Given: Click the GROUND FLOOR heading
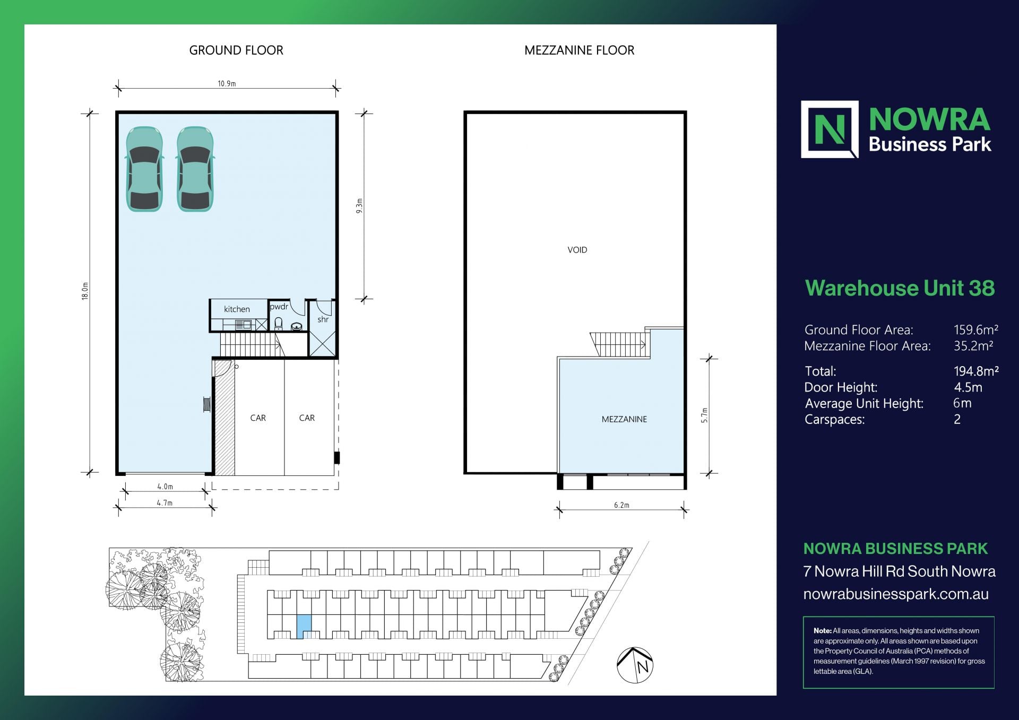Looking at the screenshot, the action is [x=236, y=50].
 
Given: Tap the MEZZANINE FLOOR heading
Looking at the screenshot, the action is [x=579, y=50].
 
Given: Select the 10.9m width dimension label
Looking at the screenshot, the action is [x=227, y=83].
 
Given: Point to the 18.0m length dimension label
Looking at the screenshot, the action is [x=85, y=291].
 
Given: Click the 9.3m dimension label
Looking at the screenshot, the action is [x=359, y=206].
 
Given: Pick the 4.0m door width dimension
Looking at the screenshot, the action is [x=165, y=486].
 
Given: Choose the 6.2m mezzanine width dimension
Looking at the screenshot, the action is [x=621, y=505].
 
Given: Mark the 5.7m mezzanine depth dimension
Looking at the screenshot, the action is [x=704, y=415].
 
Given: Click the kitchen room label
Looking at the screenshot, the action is [x=237, y=309].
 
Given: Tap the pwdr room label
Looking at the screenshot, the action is [x=279, y=307].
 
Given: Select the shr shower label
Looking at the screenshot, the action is [x=323, y=319].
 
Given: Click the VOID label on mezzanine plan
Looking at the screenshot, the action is [x=577, y=250].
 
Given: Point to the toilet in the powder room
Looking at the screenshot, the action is [x=279, y=324].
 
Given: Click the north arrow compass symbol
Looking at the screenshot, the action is [x=635, y=665].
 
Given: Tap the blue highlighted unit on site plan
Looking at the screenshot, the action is [x=304, y=627].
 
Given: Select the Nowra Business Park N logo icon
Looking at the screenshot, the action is [x=830, y=129].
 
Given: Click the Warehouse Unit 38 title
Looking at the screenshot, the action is [x=900, y=288].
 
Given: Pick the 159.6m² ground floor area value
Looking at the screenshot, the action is [x=976, y=330].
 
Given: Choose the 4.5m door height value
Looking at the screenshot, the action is [x=968, y=387].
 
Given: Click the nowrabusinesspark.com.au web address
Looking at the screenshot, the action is [x=896, y=594].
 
